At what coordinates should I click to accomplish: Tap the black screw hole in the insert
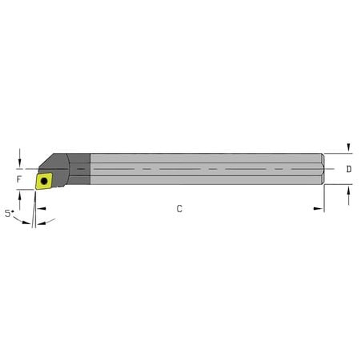[x=44, y=181]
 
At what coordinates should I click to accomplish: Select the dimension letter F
[x=19, y=179]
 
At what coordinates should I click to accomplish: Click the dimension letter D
[x=349, y=169]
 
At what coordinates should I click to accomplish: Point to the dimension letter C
[x=179, y=209]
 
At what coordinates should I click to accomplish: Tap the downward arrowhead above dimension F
[x=19, y=163]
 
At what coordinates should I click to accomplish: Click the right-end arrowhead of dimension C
[x=318, y=208]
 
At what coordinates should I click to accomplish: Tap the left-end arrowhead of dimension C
[x=41, y=208]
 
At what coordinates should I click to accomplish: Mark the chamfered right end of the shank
[x=323, y=169]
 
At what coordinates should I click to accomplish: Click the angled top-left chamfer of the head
[x=46, y=160]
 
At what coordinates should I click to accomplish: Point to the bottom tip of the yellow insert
[x=36, y=189]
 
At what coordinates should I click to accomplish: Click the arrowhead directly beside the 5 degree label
[x=26, y=222]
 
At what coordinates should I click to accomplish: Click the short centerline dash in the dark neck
[x=81, y=169]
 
